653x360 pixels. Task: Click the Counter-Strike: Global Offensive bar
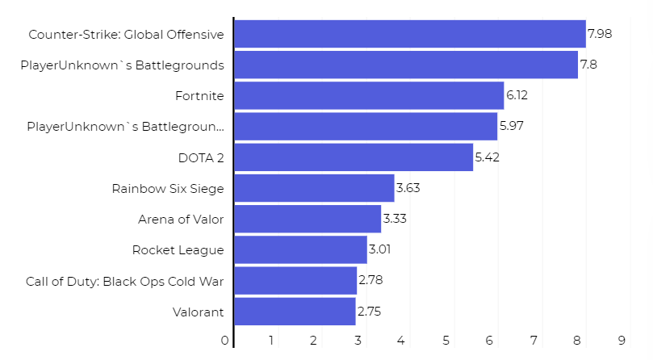point(409,34)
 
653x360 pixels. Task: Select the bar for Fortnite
point(368,96)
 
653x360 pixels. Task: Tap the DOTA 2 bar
point(353,157)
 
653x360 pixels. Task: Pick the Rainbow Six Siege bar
point(313,188)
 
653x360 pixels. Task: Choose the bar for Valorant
point(294,312)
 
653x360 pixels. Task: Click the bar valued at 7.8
point(405,65)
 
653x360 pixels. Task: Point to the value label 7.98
point(600,34)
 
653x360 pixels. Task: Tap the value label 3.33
point(395,219)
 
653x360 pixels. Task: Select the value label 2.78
point(370,281)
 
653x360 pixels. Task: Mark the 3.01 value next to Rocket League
point(380,250)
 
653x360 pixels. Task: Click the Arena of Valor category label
point(181,219)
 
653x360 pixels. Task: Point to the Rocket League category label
point(178,250)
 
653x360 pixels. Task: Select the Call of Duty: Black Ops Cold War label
point(124,281)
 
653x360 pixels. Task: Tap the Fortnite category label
point(199,96)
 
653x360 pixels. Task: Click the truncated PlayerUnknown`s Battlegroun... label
point(125,127)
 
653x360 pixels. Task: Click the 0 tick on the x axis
point(225,341)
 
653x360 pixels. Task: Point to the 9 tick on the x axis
point(622,341)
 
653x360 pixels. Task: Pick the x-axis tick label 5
point(446,341)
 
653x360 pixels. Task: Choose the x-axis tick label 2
point(313,341)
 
